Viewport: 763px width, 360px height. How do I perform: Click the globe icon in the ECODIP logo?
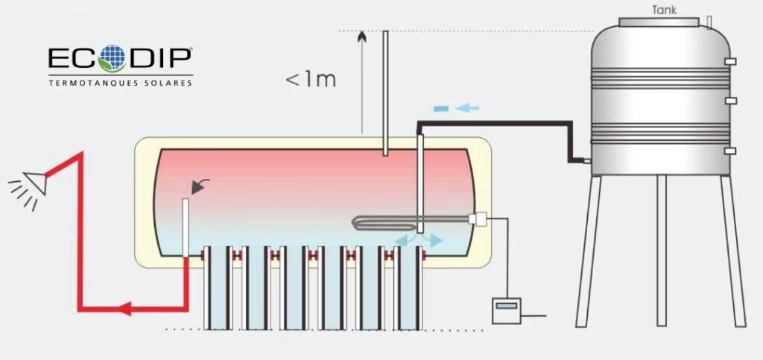pos(113,58)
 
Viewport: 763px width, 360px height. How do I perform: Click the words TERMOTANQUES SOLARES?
pos(120,83)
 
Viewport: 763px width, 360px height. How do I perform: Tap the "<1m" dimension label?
pos(311,79)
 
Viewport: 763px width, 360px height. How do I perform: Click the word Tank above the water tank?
pos(664,10)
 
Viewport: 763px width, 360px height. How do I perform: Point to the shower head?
pos(32,180)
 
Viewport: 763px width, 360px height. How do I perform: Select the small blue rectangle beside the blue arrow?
pos(440,109)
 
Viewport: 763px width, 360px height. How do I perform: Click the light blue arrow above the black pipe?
pos(467,109)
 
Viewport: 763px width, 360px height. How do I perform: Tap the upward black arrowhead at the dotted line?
pos(362,37)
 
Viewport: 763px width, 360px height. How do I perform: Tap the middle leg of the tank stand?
pos(661,250)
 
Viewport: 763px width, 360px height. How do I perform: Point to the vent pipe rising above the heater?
pos(385,89)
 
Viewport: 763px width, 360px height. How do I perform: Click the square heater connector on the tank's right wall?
pos(478,218)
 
